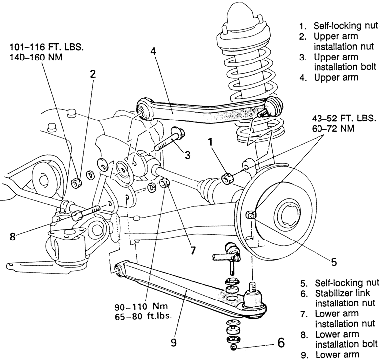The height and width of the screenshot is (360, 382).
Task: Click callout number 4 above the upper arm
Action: [x=153, y=51]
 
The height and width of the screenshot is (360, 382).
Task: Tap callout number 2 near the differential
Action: [x=93, y=74]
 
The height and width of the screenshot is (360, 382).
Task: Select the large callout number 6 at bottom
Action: [x=281, y=343]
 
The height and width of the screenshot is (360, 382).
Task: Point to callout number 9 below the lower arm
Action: [x=173, y=343]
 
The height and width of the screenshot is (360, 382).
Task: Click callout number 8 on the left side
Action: [x=13, y=236]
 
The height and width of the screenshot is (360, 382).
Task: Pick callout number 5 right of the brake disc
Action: [x=334, y=262]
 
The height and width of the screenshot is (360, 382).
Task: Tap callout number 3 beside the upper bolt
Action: [x=187, y=155]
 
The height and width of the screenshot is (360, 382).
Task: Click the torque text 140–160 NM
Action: [x=36, y=57]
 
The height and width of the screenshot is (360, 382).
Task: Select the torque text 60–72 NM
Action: [x=333, y=128]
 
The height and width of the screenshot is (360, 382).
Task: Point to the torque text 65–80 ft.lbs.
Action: [x=143, y=316]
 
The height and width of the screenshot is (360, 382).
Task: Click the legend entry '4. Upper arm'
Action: [x=329, y=78]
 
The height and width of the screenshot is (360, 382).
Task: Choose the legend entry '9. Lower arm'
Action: [x=330, y=355]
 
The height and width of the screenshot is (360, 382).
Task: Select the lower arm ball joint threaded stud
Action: [x=253, y=287]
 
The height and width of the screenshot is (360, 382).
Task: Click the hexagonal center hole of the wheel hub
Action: [x=289, y=215]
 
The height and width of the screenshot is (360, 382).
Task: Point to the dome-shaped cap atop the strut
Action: [x=242, y=14]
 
